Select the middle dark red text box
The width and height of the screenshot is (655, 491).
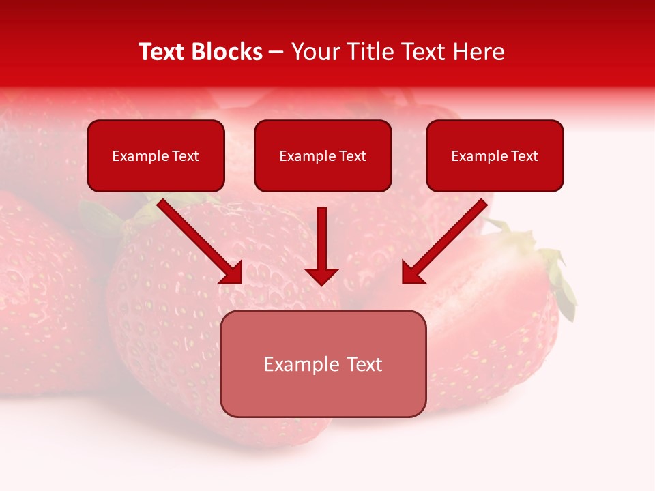pos(323,176)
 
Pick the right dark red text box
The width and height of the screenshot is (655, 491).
pos(495,176)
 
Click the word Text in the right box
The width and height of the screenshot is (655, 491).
pos(525,156)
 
